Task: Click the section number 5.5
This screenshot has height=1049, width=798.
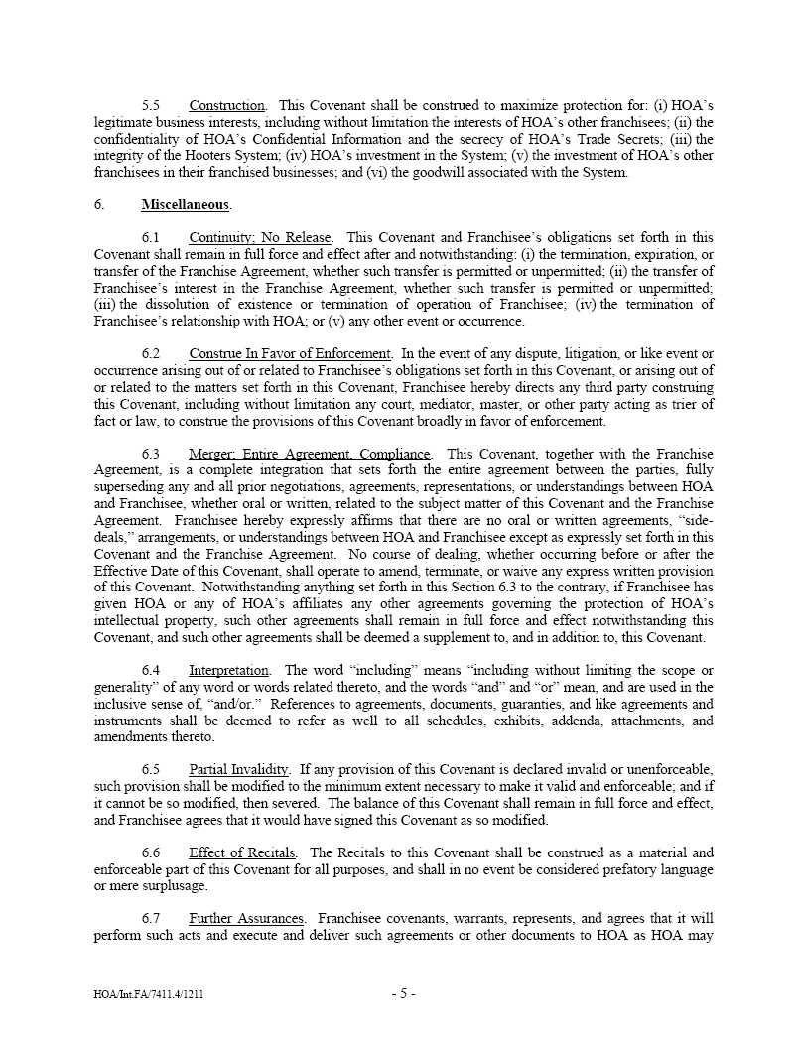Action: click(151, 106)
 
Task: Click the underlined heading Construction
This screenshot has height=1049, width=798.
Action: click(227, 106)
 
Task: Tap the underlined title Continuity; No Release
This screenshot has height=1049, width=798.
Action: click(261, 238)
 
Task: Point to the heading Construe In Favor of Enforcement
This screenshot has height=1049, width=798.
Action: click(290, 354)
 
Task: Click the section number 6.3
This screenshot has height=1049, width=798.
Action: click(151, 455)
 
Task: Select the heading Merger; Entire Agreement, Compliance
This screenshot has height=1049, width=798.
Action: click(310, 455)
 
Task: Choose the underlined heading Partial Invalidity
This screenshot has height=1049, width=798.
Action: click(239, 770)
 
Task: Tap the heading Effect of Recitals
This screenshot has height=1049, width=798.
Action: click(242, 853)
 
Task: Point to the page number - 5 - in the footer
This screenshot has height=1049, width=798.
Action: click(403, 993)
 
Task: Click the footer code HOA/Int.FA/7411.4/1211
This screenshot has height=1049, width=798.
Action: click(151, 994)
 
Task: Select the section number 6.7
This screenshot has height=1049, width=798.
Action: click(151, 920)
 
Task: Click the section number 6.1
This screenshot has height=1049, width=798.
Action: click(151, 238)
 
